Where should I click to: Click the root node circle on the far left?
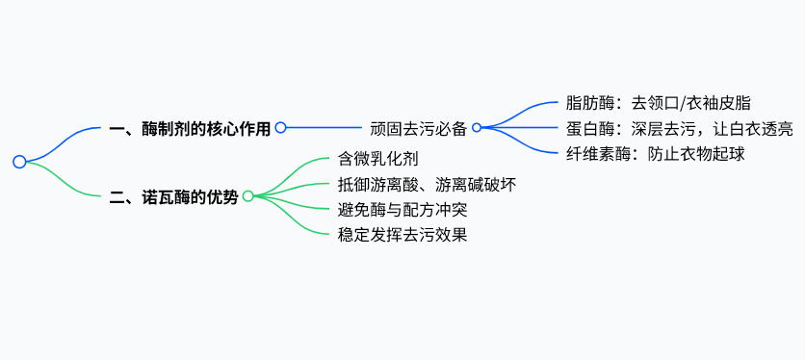coord(19,162)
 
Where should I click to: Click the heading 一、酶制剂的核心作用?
coord(190,127)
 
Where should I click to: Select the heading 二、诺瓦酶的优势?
coord(173,196)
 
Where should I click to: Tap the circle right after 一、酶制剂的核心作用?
coord(280,127)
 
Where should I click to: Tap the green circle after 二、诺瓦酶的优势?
coord(247,196)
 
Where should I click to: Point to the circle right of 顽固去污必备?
coord(477,127)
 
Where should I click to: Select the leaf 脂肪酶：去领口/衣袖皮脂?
coord(660,102)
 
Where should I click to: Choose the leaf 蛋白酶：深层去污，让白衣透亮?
coord(679,127)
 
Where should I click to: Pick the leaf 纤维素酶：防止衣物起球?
coord(656,152)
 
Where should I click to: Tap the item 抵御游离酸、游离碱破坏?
coord(427,183)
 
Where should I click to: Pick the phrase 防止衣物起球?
coord(697,152)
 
